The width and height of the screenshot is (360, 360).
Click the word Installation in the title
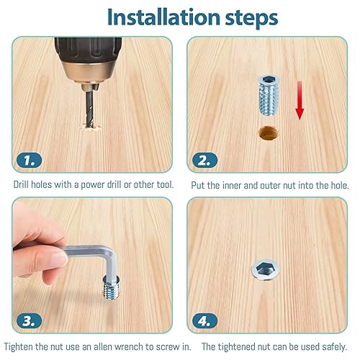pyautogui.click(x=163, y=17)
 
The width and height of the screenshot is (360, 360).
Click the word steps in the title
pyautogui.click(x=251, y=18)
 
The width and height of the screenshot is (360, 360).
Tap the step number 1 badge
pyautogui.click(x=30, y=160)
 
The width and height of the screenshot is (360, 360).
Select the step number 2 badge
pyautogui.click(x=204, y=160)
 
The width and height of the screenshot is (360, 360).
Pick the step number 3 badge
pyautogui.click(x=30, y=320)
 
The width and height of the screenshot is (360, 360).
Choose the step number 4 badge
pyautogui.click(x=204, y=320)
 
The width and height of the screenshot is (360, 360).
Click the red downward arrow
pyautogui.click(x=300, y=100)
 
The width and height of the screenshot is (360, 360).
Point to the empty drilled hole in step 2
pyautogui.click(x=269, y=133)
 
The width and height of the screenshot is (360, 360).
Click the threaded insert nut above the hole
pyautogui.click(x=269, y=95)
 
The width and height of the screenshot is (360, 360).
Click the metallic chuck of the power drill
pyautogui.click(x=89, y=72)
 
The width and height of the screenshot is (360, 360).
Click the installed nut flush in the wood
pyautogui.click(x=266, y=270)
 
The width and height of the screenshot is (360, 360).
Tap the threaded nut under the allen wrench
pyautogui.click(x=111, y=287)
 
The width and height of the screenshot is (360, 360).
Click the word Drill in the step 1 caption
pyautogui.click(x=21, y=184)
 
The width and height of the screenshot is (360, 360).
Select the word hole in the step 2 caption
pyautogui.click(x=340, y=185)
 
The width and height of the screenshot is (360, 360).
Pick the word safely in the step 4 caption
pyautogui.click(x=335, y=347)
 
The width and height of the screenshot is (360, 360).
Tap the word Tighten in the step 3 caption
pyautogui.click(x=19, y=347)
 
